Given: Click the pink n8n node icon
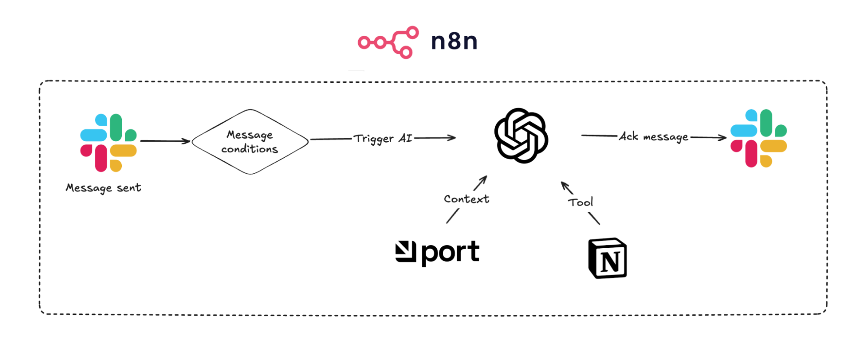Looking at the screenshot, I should [x=388, y=42].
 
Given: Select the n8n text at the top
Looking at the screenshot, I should [x=454, y=42].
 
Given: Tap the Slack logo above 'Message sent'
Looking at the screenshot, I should [x=108, y=143].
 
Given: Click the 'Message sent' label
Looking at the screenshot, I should [x=104, y=188].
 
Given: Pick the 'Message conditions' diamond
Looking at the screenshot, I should [x=250, y=142].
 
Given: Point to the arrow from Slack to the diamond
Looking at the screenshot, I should [x=165, y=141].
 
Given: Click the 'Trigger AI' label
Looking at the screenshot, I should [x=383, y=139].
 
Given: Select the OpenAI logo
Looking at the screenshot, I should [x=521, y=136].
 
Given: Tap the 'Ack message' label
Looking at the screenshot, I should [x=653, y=137].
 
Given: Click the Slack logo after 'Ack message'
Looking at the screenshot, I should [x=759, y=138].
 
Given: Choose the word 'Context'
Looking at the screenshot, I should [x=467, y=199].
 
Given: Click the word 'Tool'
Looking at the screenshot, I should [x=581, y=202].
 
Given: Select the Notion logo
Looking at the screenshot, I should [x=607, y=258].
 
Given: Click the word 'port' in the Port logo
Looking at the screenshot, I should [x=451, y=253].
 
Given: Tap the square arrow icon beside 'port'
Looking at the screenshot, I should [x=405, y=252].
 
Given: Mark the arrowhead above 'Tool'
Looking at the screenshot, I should [x=564, y=185].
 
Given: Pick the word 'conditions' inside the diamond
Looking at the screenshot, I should [x=250, y=149].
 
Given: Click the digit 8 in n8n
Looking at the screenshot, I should [x=454, y=42].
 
